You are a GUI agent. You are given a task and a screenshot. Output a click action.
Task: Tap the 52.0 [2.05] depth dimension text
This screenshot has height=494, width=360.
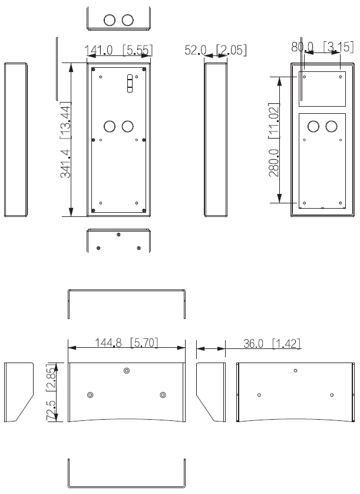pos(216,51)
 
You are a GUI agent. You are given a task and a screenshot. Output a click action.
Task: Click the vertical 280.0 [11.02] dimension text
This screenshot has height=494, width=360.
pos(273,142)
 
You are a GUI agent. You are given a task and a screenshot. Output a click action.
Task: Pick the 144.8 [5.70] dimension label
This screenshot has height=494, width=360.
pos(127,342)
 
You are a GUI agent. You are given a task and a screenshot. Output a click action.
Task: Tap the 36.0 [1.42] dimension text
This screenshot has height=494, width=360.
pos(262,342)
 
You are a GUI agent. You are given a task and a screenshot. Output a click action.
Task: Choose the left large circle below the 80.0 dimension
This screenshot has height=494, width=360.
pos(314,126)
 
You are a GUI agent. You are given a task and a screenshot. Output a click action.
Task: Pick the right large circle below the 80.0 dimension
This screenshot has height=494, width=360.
pos(332,126)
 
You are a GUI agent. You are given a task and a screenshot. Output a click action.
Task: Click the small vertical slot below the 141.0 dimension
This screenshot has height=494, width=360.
pos(128,84)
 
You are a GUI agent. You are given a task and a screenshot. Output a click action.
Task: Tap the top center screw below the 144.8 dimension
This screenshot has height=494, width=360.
pos(127,370)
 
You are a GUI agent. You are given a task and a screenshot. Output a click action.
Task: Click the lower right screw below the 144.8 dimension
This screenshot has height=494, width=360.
pos(163,394)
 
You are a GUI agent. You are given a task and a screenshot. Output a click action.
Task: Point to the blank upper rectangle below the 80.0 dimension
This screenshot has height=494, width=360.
pos(322,88)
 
